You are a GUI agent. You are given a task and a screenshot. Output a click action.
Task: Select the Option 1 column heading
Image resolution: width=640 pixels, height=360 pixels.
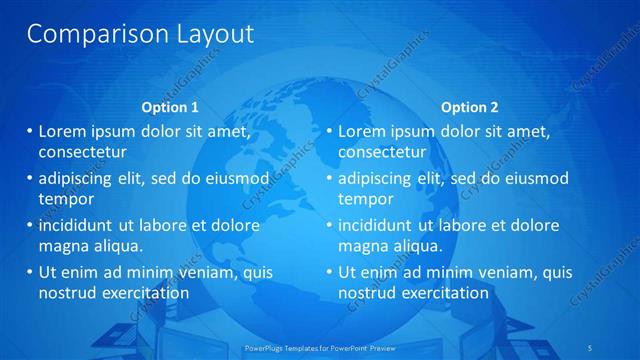171,107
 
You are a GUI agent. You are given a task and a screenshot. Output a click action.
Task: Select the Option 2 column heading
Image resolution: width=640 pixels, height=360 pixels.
469,107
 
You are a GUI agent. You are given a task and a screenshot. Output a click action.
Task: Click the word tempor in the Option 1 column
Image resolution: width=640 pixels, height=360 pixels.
63,198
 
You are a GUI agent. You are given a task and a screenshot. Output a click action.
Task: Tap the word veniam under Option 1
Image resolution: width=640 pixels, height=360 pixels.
200,271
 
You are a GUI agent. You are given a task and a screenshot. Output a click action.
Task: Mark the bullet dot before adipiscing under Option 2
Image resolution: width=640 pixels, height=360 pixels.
329,178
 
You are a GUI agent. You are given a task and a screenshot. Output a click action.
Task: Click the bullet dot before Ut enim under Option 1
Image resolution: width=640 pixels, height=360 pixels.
29,271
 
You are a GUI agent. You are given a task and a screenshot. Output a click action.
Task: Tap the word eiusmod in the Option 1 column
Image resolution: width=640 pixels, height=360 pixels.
236,178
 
